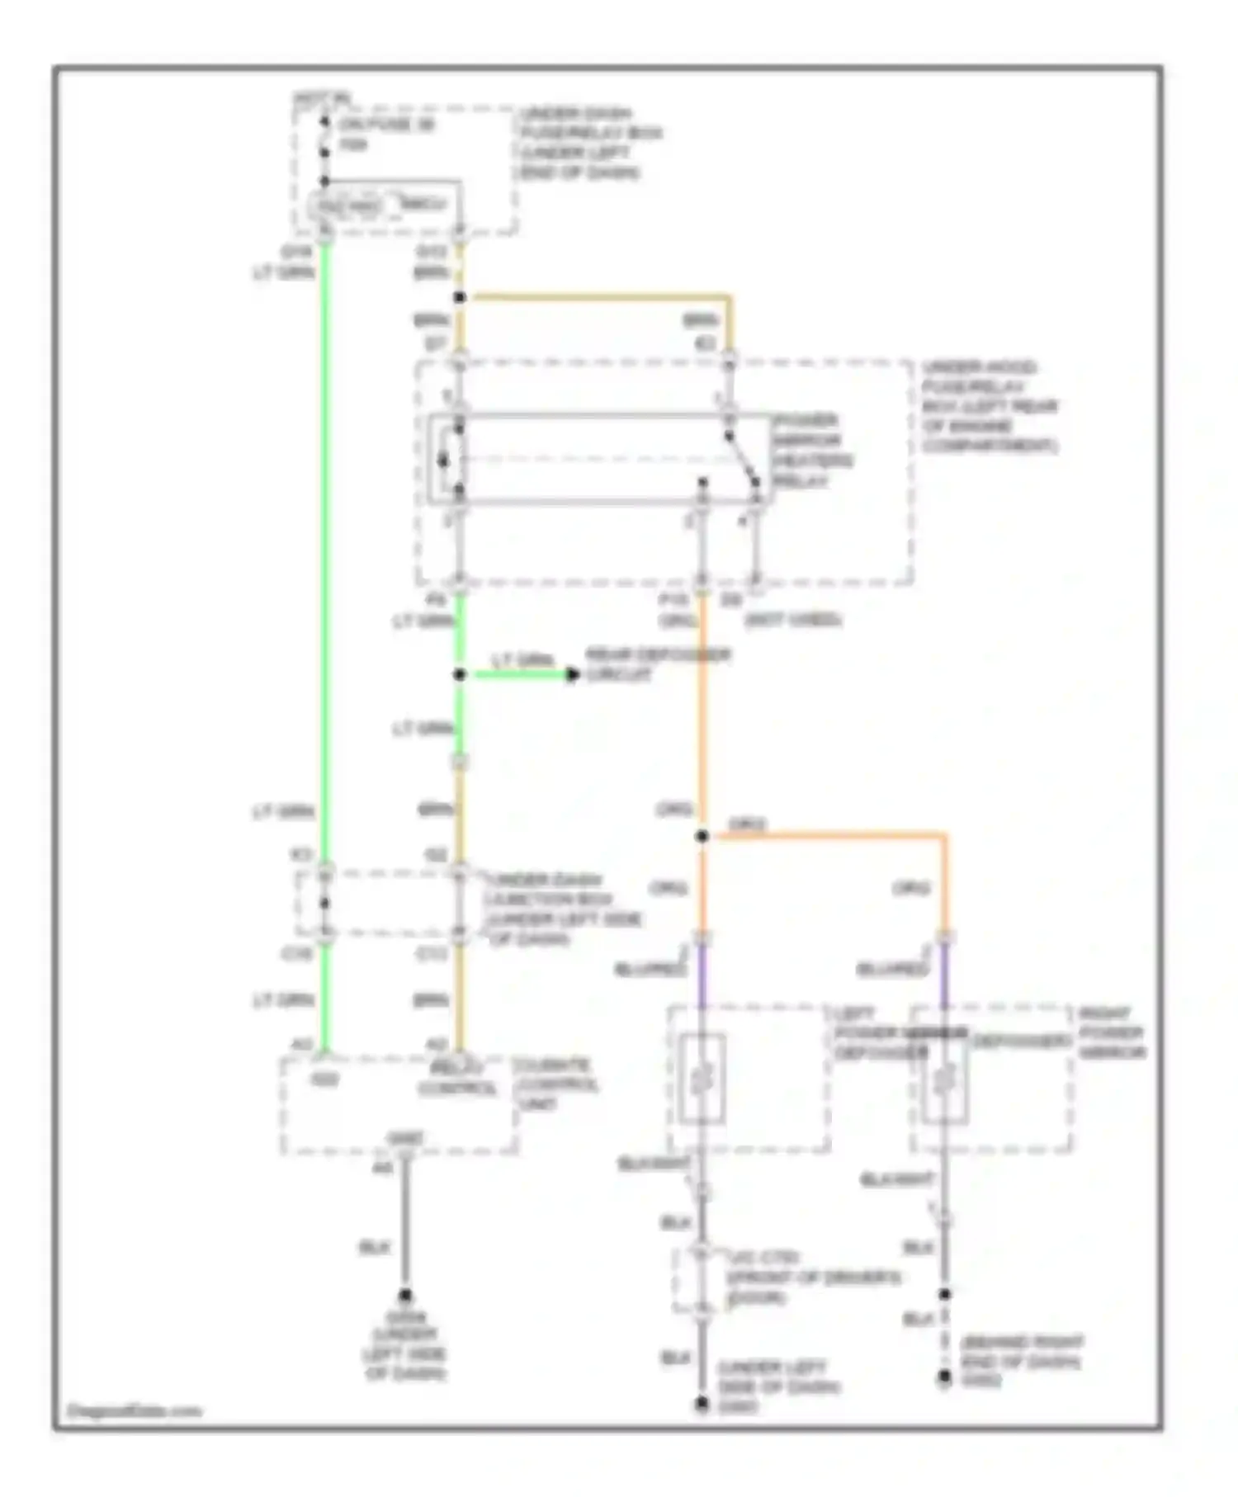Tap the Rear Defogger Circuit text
[658, 665]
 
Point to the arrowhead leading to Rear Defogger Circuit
[572, 675]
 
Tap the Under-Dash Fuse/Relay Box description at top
[590, 143]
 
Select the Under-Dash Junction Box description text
[565, 909]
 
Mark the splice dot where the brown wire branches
[460, 297]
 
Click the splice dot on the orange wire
[702, 836]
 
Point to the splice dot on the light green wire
[460, 675]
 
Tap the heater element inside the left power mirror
[702, 1079]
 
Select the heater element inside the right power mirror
[945, 1079]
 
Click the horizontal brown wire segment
[594, 296]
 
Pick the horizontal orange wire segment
[825, 836]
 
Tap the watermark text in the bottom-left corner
[134, 1410]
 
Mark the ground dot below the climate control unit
[405, 1296]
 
